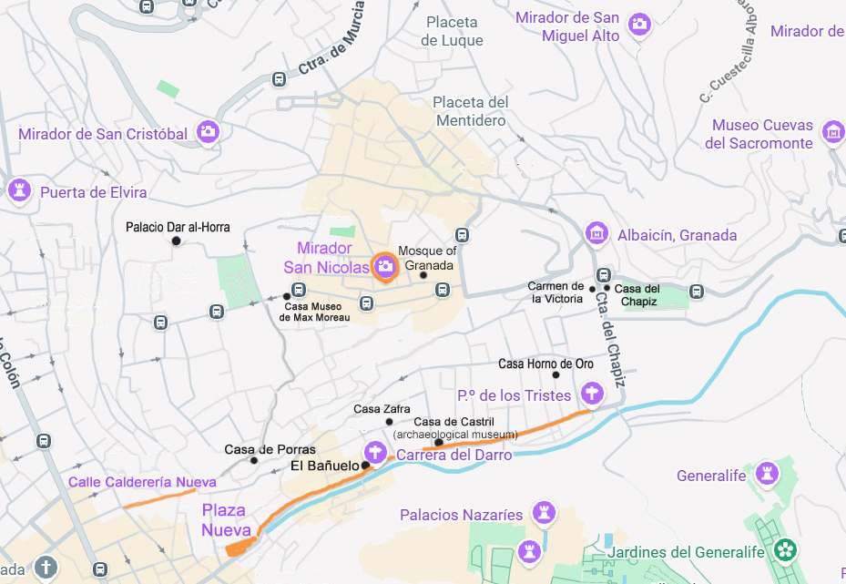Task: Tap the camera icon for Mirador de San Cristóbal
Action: pos(209,132)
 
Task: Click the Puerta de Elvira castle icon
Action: pos(18,190)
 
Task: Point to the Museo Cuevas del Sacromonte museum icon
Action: pos(831,132)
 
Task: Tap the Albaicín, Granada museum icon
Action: pos(596,234)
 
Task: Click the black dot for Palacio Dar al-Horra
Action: pos(177,241)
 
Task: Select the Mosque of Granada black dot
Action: pos(423,275)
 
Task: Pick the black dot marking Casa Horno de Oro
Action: pos(556,374)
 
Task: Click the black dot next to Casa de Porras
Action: pos(254,460)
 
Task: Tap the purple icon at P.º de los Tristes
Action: pos(592,394)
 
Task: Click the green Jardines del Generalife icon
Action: pos(785,550)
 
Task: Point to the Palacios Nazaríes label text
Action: pos(462,516)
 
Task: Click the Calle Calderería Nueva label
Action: pos(143,482)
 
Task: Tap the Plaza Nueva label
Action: pos(224,519)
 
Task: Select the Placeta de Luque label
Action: pos(452,31)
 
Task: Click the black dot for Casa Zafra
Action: pos(390,422)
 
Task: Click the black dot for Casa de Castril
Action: pos(439,443)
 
